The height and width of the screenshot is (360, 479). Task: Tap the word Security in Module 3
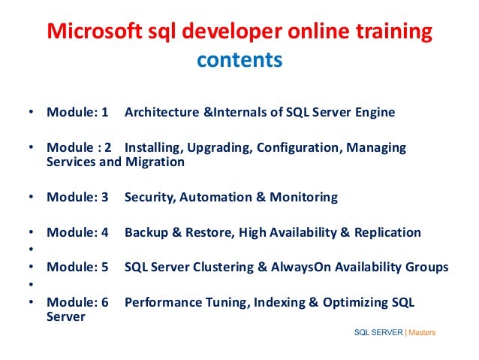(149, 198)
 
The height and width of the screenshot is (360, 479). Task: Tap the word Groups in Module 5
(426, 267)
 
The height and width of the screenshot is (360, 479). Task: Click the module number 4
(104, 232)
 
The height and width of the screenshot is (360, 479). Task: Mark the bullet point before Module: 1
(31, 113)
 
